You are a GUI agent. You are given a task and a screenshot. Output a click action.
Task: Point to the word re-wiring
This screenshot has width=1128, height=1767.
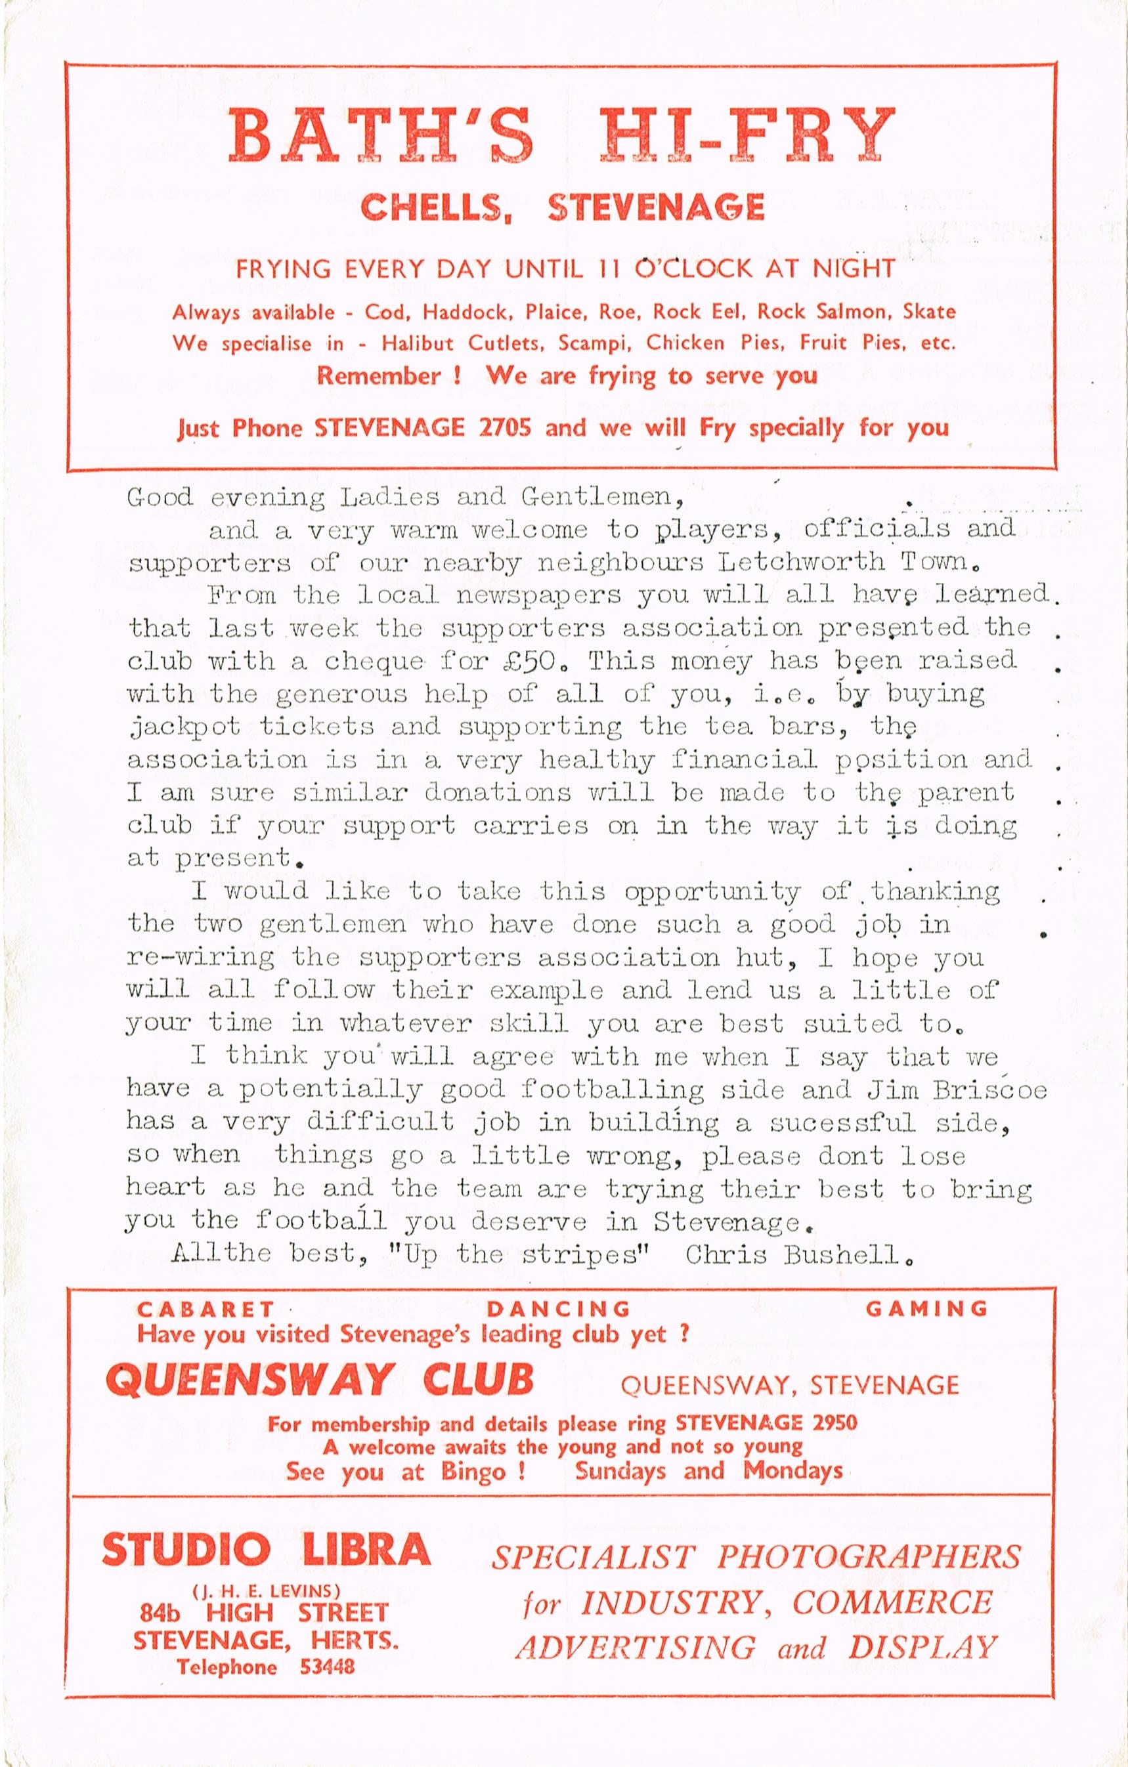[x=200, y=958]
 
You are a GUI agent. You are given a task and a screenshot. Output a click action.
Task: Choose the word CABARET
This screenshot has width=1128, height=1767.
[x=206, y=1308]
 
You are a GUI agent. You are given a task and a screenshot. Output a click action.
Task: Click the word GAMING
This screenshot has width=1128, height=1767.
[x=926, y=1308]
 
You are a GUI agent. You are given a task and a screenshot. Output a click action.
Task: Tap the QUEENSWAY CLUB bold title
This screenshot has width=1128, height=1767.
[x=319, y=1379]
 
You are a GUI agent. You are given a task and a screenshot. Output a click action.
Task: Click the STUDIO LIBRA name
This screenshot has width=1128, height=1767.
[x=266, y=1550]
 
